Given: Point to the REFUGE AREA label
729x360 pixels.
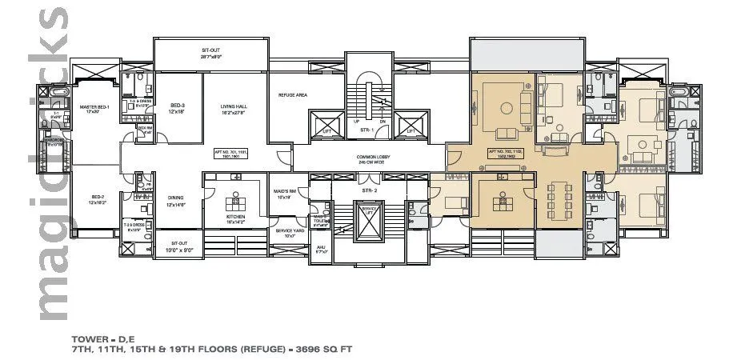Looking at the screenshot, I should point(293,94).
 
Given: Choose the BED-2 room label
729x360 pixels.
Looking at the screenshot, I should point(98,196).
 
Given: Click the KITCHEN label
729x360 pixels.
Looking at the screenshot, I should point(235,217).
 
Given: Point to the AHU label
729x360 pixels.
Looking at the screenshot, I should point(320,248).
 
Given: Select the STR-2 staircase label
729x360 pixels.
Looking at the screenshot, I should point(368,191).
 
